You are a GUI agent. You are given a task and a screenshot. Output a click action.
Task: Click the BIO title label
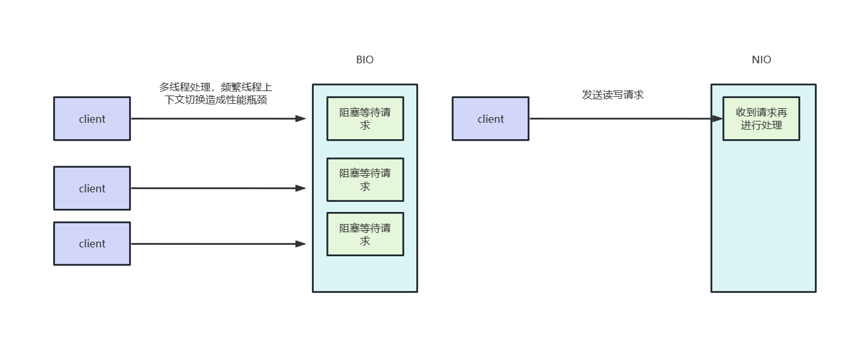pos(364,60)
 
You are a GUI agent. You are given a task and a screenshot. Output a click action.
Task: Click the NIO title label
pos(761,60)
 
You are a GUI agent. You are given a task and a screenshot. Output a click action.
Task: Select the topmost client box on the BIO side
pos(92,118)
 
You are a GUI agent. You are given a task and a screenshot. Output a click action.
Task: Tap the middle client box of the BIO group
pos(92,188)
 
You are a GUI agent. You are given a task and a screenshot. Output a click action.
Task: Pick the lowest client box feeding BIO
pos(92,244)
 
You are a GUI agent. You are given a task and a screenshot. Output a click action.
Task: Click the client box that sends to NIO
pos(490,118)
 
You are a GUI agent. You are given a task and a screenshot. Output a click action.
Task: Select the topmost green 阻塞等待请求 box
pos(365,118)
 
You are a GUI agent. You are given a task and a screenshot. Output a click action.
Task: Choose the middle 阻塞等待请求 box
pos(365,180)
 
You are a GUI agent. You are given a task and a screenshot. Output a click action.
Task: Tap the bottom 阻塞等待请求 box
pos(365,234)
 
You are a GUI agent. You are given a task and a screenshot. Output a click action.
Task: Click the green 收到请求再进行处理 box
pos(761,118)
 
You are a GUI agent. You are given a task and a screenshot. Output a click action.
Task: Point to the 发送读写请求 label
pos(612,95)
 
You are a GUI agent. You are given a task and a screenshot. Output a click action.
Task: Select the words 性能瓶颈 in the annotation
pos(247,100)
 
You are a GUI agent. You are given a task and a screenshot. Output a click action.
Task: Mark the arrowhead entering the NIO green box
pos(717,118)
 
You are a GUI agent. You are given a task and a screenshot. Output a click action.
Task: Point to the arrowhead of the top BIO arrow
pos(301,118)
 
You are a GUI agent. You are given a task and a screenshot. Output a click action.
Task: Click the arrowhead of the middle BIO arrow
pos(301,188)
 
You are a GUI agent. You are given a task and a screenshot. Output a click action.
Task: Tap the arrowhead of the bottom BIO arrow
pos(301,244)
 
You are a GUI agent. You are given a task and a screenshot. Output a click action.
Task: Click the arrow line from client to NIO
pos(620,118)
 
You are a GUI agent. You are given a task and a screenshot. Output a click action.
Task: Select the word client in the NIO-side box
pos(490,119)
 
